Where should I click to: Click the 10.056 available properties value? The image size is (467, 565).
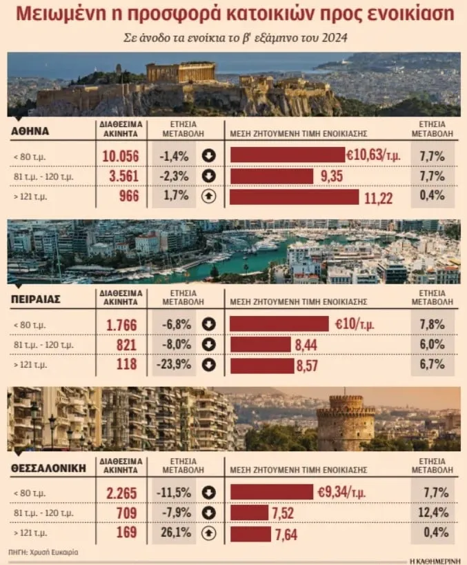[x=121, y=157]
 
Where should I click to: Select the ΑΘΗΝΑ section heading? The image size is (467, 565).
[x=30, y=131]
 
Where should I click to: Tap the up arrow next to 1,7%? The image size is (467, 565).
[x=208, y=197]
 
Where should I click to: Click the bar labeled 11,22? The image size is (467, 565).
[x=294, y=197]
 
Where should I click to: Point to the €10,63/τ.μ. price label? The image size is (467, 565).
[x=373, y=155]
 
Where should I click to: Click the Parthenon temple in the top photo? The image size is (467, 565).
[x=181, y=72]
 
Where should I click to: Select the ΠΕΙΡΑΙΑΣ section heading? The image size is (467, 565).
[x=36, y=299]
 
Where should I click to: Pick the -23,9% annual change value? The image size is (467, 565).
[x=174, y=364]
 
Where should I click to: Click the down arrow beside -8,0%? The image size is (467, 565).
[x=208, y=345]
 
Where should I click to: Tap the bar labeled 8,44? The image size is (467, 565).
[x=260, y=344]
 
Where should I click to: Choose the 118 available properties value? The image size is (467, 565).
[x=126, y=364]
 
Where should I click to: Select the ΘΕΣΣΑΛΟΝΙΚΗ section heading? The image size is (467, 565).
[x=49, y=468]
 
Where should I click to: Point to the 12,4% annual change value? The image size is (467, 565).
[x=433, y=512]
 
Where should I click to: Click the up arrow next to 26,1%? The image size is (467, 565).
[x=208, y=533]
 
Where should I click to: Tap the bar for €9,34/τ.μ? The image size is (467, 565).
[x=272, y=492]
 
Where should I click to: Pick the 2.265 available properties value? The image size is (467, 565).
[x=122, y=493]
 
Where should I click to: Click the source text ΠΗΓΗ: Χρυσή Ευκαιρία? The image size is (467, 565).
[x=43, y=552]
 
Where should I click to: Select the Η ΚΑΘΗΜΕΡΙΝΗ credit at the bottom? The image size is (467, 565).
[x=435, y=562]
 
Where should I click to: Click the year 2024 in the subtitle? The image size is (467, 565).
[x=335, y=38]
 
